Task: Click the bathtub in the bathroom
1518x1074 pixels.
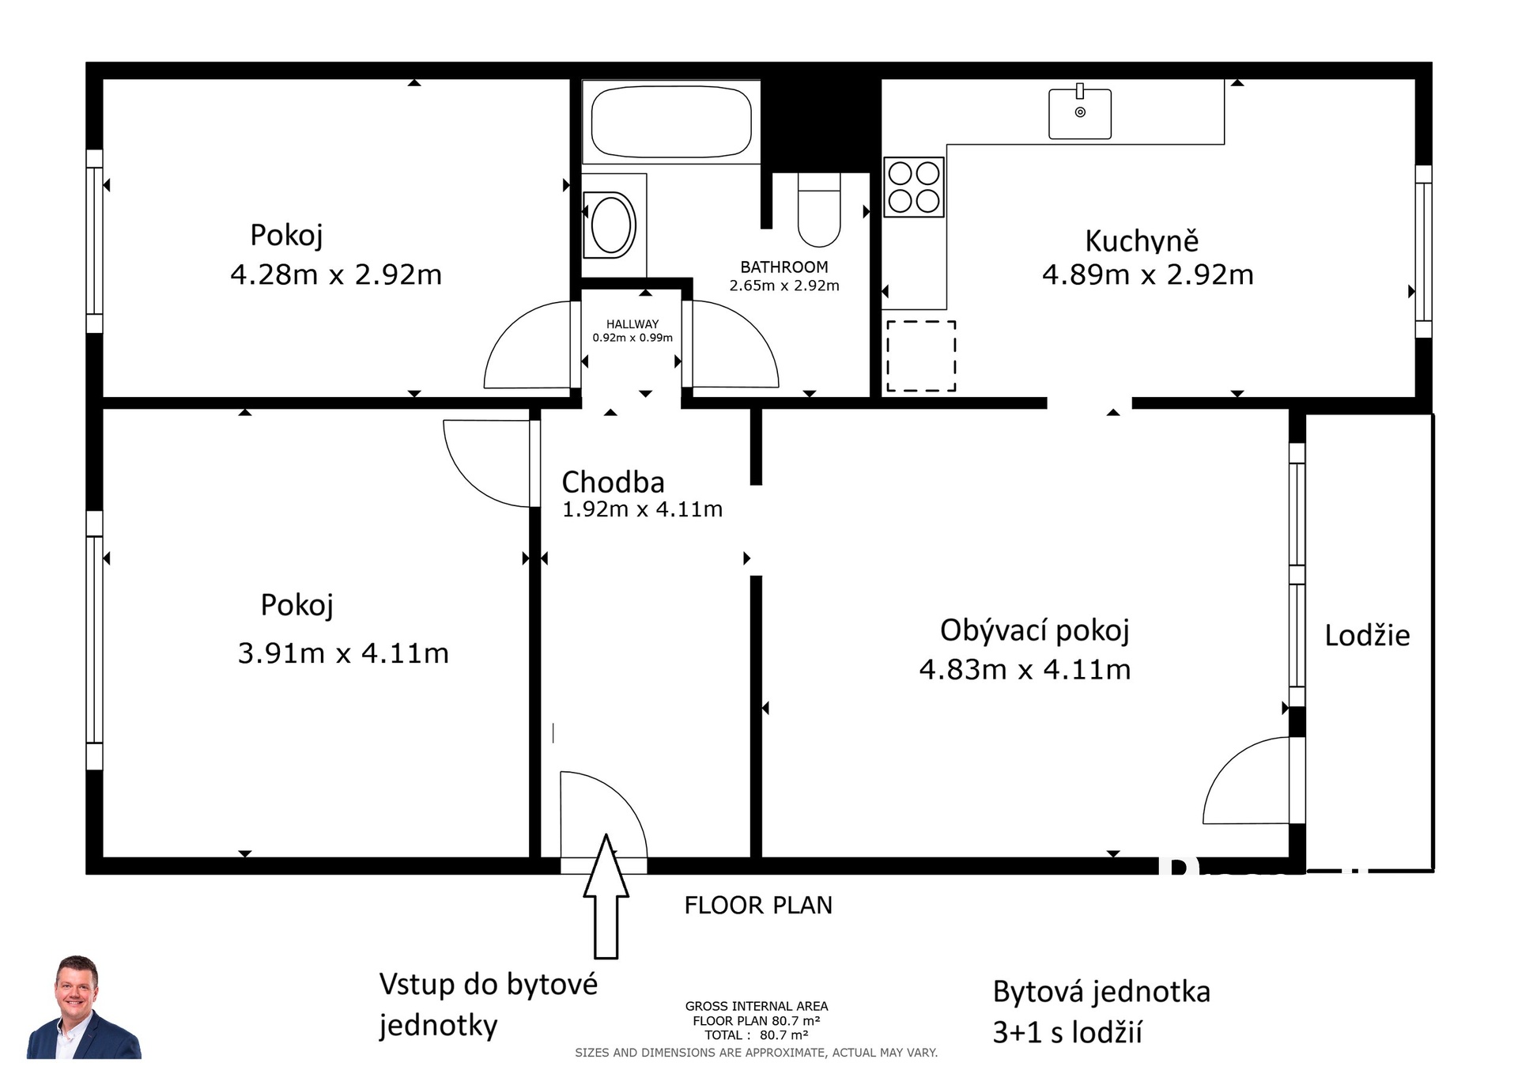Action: click(x=671, y=122)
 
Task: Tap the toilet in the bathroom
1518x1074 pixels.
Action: click(x=819, y=210)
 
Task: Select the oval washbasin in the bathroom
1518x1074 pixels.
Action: click(x=610, y=225)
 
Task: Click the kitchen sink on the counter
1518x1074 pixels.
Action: click(x=1080, y=112)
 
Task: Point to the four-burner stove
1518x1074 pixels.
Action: click(x=914, y=187)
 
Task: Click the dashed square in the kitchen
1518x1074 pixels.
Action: click(x=921, y=356)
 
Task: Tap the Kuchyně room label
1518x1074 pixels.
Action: click(x=1142, y=240)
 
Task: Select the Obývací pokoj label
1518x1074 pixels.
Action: click(x=1035, y=631)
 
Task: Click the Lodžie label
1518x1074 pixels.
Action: click(x=1367, y=635)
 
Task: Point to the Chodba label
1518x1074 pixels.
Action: click(x=613, y=482)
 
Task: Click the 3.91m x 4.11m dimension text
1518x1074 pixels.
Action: click(x=343, y=653)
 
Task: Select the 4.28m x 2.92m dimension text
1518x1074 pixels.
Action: click(x=336, y=274)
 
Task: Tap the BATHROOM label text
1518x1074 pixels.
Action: click(x=784, y=267)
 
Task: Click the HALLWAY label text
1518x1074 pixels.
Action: click(x=632, y=324)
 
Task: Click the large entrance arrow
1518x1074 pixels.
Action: click(x=606, y=895)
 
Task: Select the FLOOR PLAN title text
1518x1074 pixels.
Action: click(x=758, y=906)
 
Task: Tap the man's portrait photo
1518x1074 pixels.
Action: click(x=84, y=1007)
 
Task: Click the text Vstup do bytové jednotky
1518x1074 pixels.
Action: click(x=489, y=1005)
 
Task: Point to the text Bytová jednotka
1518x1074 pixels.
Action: click(x=1101, y=992)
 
